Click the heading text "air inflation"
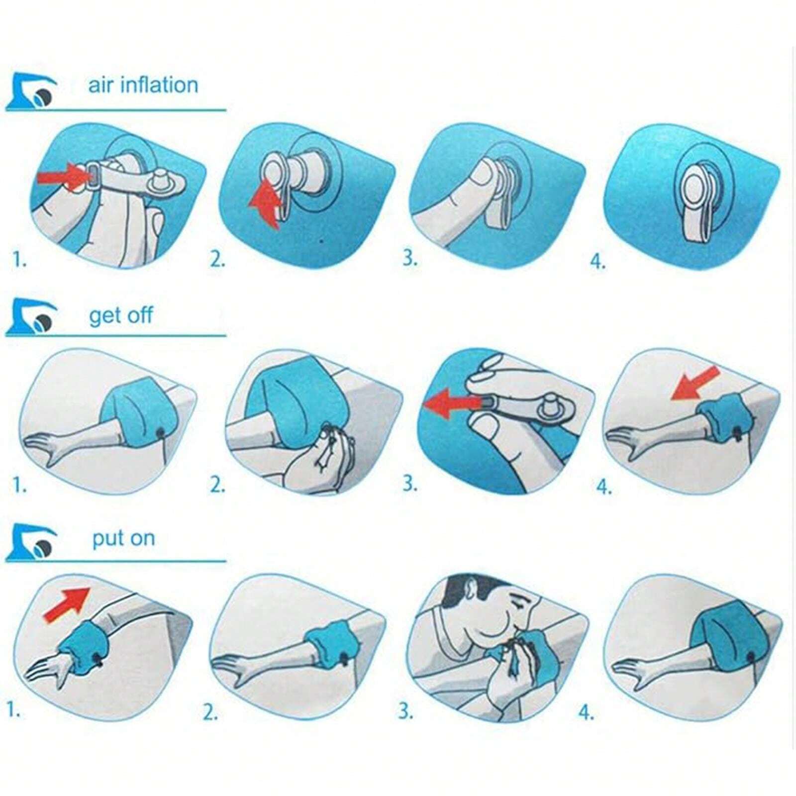coord(143,85)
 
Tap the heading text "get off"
coord(121,315)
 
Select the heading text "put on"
coord(123,539)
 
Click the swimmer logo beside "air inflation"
coord(31,92)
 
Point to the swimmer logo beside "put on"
coord(31,542)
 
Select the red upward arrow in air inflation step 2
coord(266,201)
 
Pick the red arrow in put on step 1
coord(67,603)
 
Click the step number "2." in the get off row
coord(217,484)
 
